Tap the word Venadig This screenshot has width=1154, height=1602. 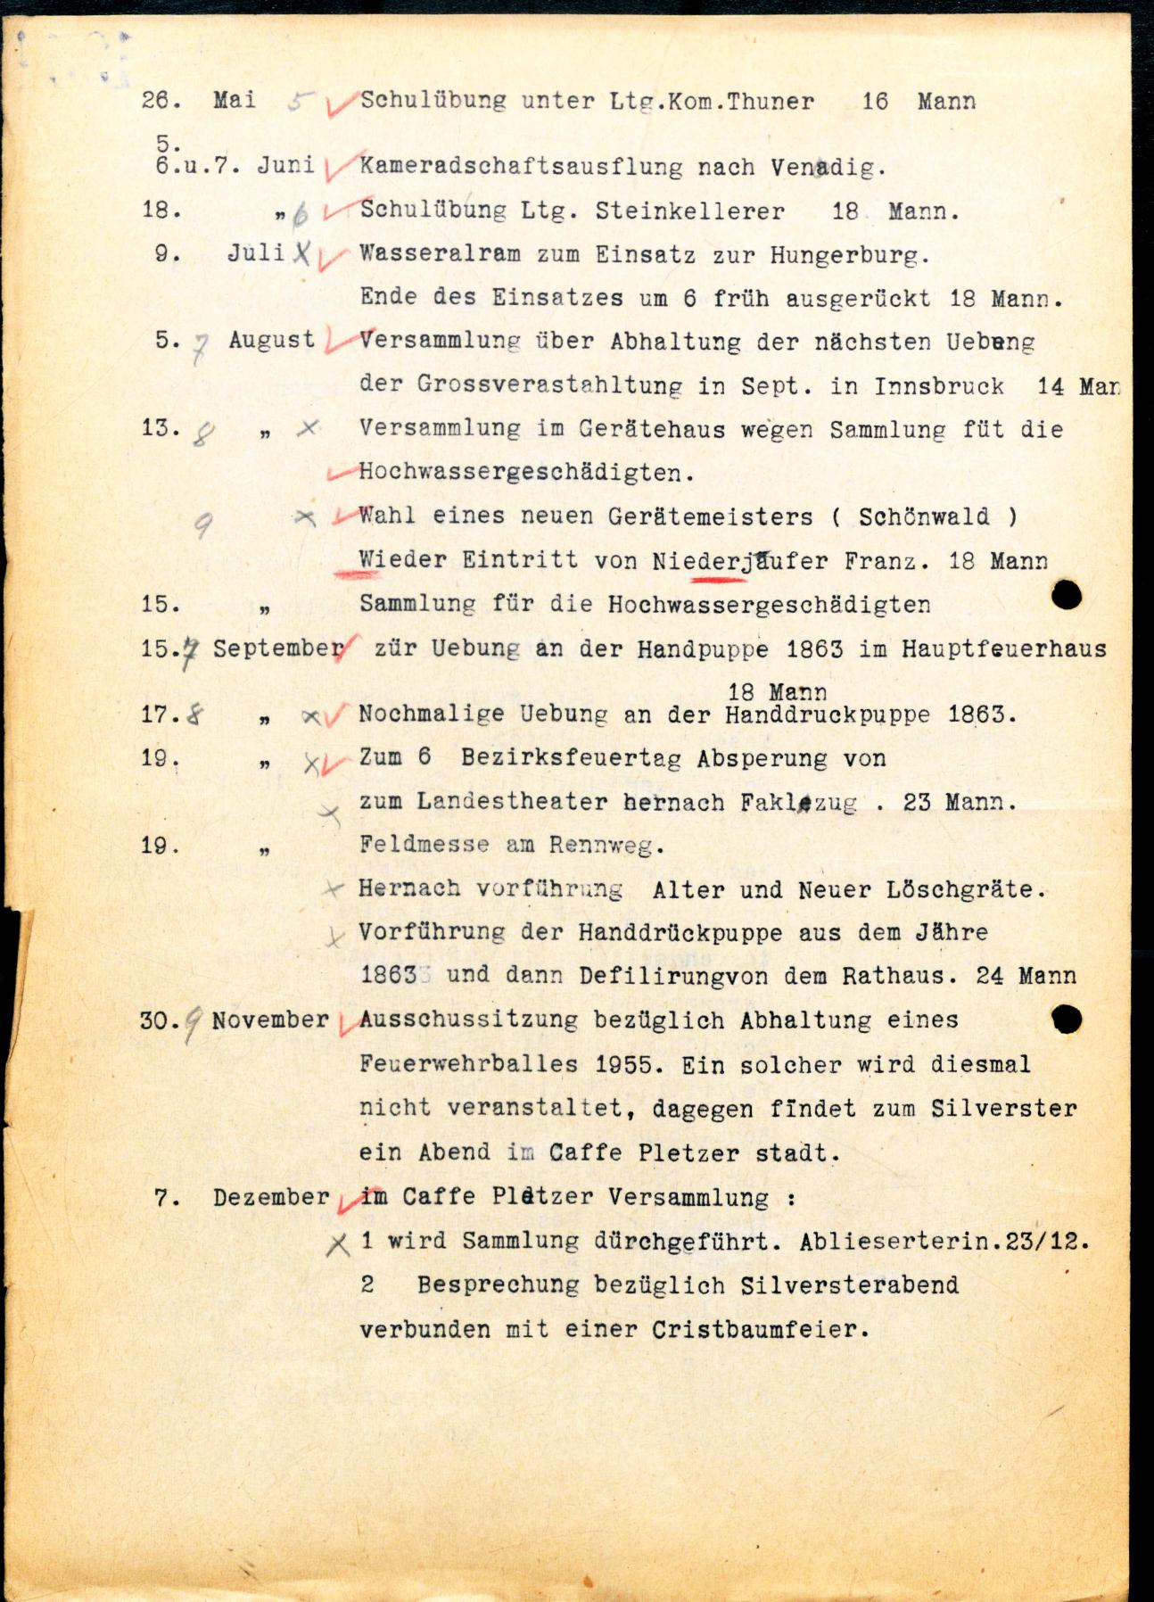(828, 167)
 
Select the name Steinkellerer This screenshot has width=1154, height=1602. (690, 211)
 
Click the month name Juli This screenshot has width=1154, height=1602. (255, 252)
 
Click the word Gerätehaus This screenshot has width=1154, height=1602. (651, 429)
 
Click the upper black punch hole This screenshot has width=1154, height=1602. (1067, 595)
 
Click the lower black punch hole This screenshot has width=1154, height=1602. (1067, 1019)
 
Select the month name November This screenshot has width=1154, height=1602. (270, 1020)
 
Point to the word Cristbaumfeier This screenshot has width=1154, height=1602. (760, 1329)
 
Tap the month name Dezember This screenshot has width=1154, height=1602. (271, 1197)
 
